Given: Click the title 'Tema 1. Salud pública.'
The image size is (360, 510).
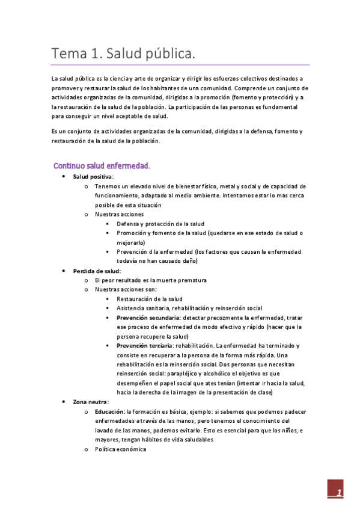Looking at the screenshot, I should [123, 54].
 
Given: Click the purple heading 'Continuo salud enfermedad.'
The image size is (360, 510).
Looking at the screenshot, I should [102, 165].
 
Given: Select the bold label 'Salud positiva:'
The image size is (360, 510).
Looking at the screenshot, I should [93, 177].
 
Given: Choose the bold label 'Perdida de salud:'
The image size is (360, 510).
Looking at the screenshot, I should [97, 271].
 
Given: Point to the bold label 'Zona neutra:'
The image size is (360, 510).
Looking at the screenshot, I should [91, 402].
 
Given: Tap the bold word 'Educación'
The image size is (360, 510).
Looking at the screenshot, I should [109, 411].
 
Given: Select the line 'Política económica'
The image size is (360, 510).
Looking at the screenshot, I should [120, 449].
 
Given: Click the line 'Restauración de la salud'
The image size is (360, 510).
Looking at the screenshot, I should [150, 299].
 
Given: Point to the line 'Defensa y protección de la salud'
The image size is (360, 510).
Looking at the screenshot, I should [160, 224].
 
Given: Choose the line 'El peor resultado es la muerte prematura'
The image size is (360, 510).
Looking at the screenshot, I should [150, 280].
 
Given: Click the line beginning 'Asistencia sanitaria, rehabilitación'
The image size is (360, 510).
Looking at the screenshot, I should [189, 308].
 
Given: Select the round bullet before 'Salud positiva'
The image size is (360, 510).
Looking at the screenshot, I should [64, 177].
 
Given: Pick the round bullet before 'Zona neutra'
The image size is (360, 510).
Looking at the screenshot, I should [64, 402].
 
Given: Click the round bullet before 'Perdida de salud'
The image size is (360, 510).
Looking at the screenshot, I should [64, 271].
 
